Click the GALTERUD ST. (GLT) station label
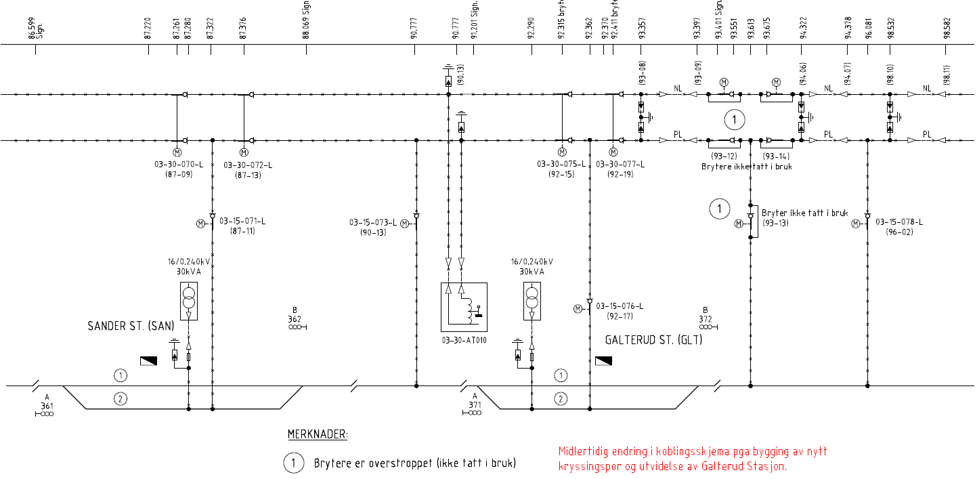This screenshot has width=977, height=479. coord(653,340)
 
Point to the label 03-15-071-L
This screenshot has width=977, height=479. coord(241,222)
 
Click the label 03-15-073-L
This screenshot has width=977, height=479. coord(373,222)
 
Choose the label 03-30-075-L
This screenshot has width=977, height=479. coord(561,165)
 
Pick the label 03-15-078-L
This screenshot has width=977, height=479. coord(899,222)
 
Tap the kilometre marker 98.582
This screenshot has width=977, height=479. coord(947,27)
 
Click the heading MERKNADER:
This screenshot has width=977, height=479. coord(318,434)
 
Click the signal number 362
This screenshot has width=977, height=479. coord(295,319)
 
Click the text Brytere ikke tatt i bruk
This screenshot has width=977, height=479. coord(747,166)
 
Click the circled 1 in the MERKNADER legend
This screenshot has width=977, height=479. coord(294,463)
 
